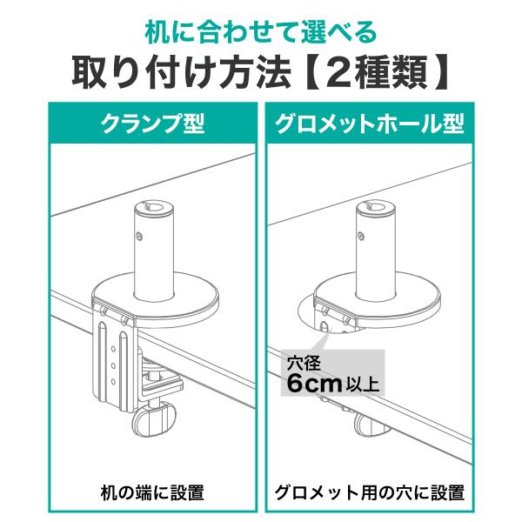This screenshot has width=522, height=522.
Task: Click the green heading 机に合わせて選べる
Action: pyautogui.click(x=261, y=34)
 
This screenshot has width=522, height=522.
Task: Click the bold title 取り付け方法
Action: pyautogui.click(x=181, y=72)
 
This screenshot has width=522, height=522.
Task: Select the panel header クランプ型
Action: pyautogui.click(x=153, y=124)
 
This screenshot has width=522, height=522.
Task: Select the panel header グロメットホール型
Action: pyautogui.click(x=370, y=124)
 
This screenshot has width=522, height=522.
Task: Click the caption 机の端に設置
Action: pyautogui.click(x=152, y=493)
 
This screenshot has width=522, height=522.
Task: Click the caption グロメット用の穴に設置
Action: pyautogui.click(x=370, y=493)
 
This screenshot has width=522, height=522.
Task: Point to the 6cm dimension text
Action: pyautogui.click(x=314, y=384)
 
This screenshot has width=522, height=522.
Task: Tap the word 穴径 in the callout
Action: pyautogui.click(x=304, y=364)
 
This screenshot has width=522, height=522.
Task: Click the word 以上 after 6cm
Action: pyautogui.click(x=362, y=385)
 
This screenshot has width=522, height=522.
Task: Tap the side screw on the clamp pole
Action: pyautogui.click(x=140, y=236)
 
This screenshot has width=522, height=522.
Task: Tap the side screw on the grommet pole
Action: pyautogui.click(x=361, y=236)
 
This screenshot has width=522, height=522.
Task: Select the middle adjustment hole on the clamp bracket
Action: pyautogui.click(x=113, y=366)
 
